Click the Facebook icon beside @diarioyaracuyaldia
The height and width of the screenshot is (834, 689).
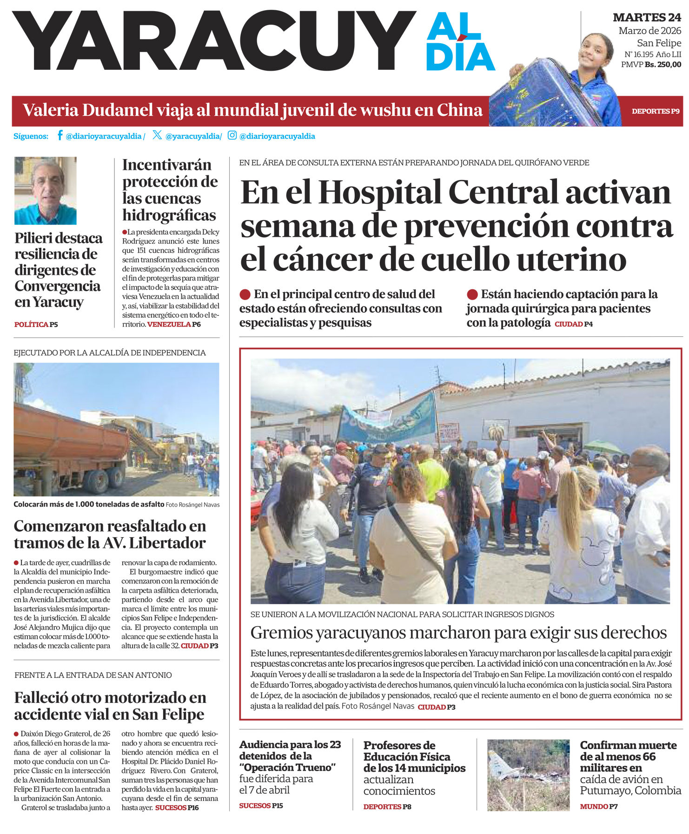click(x=60, y=135)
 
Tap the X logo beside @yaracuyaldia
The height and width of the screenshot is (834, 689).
click(x=157, y=135)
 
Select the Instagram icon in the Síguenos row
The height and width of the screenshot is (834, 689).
click(x=232, y=135)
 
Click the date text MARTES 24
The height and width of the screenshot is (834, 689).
click(x=647, y=18)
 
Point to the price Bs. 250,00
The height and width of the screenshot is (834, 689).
click(x=662, y=65)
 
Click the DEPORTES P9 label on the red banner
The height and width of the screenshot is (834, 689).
click(x=655, y=111)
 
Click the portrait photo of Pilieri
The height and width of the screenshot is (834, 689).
click(x=46, y=191)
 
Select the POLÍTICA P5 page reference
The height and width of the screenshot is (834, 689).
click(x=36, y=325)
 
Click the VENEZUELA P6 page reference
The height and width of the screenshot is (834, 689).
click(x=174, y=324)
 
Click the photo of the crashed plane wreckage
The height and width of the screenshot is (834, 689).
click(x=528, y=775)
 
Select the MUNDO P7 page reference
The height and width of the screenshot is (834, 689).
click(x=599, y=807)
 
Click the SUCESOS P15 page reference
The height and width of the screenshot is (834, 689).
click(x=261, y=806)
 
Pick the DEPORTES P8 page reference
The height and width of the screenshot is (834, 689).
click(x=387, y=807)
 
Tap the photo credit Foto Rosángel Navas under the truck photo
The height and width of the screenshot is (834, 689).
click(x=192, y=505)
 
